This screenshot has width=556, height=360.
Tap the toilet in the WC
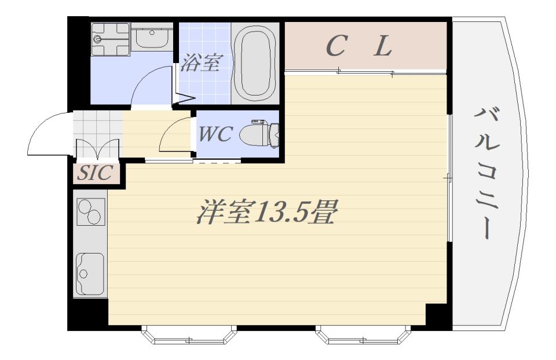click(x=259, y=135)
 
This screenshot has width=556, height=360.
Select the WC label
click(x=215, y=134)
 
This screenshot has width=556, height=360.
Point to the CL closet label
click(x=359, y=46)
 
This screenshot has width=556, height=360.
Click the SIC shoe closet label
click(x=96, y=172)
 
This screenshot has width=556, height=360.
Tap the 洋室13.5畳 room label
click(x=266, y=212)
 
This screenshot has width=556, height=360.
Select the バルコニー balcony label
click(x=486, y=173)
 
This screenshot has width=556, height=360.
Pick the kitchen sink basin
click(x=91, y=274)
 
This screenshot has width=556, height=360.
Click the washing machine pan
click(x=110, y=39)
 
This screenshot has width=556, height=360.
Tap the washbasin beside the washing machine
click(x=152, y=38)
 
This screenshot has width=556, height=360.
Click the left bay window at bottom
click(x=189, y=335)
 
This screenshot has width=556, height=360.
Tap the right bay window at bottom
click(x=363, y=335)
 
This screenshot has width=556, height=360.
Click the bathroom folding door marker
click(x=184, y=98)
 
